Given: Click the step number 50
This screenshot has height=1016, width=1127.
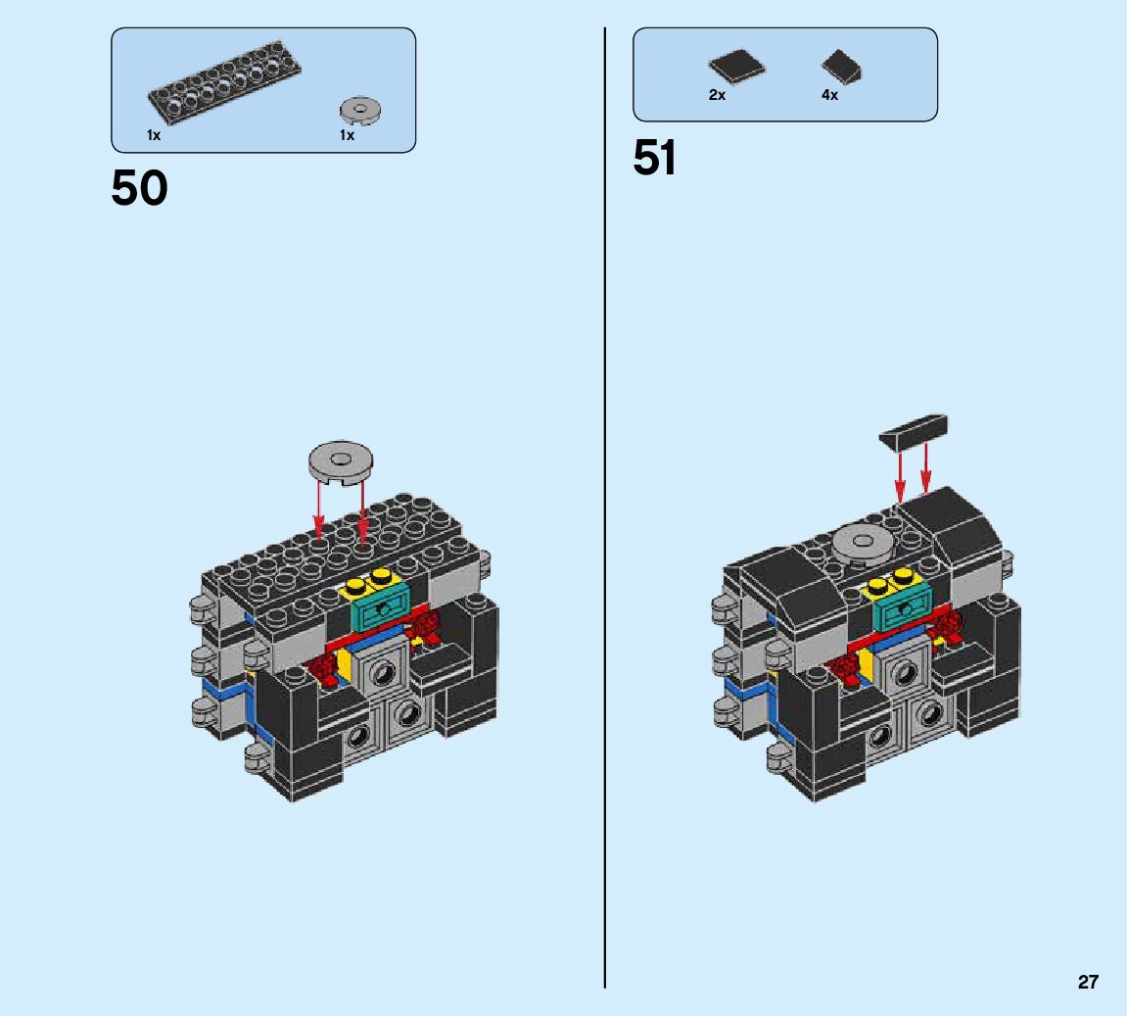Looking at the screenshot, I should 139,188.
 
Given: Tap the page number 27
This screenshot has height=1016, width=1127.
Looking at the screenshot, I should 1088,982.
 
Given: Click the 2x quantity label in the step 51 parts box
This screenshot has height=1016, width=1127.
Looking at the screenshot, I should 717,95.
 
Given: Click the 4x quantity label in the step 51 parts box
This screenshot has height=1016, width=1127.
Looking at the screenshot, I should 829,95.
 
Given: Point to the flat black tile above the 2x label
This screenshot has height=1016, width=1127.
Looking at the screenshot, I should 736,68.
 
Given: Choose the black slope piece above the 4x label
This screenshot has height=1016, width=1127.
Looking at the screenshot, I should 842,67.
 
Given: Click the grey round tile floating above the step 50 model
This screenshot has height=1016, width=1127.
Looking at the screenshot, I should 341,460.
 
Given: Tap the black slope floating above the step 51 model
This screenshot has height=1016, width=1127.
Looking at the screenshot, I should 915,430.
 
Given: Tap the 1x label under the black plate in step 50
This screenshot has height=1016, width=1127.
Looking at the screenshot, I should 154,135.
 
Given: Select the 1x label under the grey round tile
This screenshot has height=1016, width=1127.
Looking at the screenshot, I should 347,135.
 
